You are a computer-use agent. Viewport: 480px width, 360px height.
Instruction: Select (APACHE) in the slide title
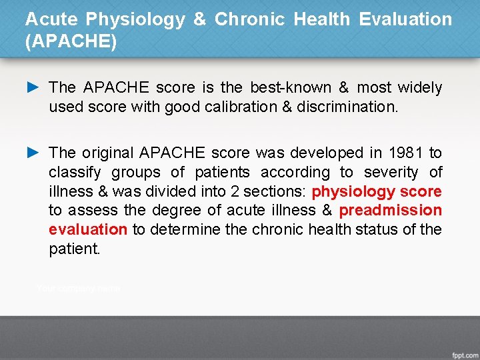pos(71,42)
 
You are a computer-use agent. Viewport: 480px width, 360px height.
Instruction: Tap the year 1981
pos(405,153)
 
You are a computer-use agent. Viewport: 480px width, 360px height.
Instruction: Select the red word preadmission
pos(390,211)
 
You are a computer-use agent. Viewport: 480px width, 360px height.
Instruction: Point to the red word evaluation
pos(88,229)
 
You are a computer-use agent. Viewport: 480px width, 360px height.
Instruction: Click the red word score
pos(421,192)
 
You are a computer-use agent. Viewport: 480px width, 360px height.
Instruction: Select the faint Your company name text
pos(78,289)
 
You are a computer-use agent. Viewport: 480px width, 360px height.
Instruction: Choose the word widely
pos(419,88)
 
